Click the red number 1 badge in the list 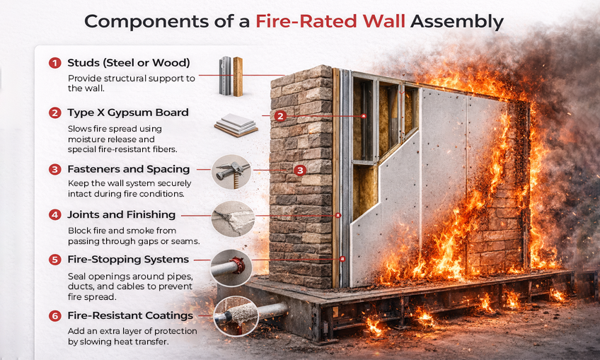(54, 64)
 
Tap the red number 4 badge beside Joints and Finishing (54, 215)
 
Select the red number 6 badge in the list (54, 315)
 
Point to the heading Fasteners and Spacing (128, 170)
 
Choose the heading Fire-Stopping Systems (128, 260)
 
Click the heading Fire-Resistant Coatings (130, 315)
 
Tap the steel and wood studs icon (230, 76)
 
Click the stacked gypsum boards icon (236, 126)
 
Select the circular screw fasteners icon (231, 172)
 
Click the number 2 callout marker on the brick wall (280, 116)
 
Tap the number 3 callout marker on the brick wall (300, 170)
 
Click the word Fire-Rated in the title (328, 21)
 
